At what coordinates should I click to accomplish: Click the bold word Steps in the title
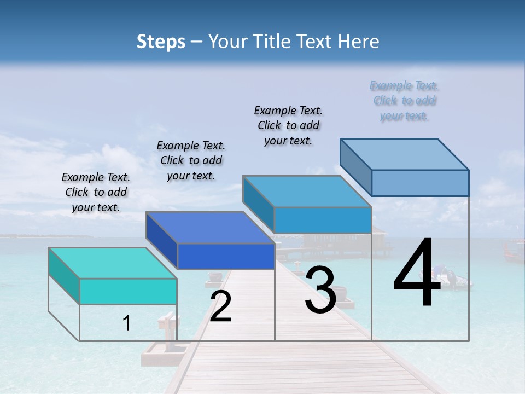coord(161,42)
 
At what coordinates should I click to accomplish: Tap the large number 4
coord(417,274)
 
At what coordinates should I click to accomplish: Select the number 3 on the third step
coord(320,289)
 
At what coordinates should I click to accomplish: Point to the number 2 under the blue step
coord(220,306)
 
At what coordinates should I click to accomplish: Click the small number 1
coord(127,323)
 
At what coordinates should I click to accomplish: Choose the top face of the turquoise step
coord(113,263)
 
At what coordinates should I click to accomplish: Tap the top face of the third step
coord(307,192)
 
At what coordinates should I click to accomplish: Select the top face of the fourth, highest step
coord(404,154)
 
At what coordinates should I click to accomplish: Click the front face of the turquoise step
coord(128,291)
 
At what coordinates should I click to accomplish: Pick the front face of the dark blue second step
coord(226,256)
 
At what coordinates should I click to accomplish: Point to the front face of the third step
coord(323,220)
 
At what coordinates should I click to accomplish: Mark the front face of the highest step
coord(420,183)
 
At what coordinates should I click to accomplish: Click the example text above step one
coord(96,192)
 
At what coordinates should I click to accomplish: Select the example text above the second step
coord(191,160)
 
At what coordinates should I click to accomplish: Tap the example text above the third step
coord(288,125)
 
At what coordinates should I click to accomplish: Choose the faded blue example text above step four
coord(404,101)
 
